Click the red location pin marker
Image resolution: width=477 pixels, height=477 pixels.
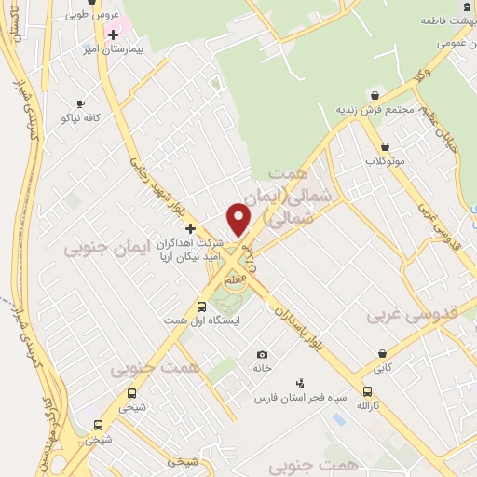click(241, 219)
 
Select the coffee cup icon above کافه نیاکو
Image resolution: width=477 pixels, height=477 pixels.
click(80, 103)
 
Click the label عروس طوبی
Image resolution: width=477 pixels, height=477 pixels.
click(89, 16)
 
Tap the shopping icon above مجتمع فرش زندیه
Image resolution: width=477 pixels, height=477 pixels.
click(375, 96)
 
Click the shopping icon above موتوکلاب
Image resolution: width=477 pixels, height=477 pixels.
click(385, 146)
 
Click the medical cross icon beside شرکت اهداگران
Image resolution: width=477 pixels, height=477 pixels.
click(190, 228)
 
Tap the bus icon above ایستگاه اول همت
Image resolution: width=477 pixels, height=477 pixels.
click(202, 306)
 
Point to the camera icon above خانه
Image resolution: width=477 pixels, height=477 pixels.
click(262, 354)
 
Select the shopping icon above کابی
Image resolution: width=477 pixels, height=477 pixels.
click(382, 353)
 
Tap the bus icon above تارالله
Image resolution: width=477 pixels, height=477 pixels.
click(367, 392)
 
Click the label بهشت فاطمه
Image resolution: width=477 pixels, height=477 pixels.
click(444, 20)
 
